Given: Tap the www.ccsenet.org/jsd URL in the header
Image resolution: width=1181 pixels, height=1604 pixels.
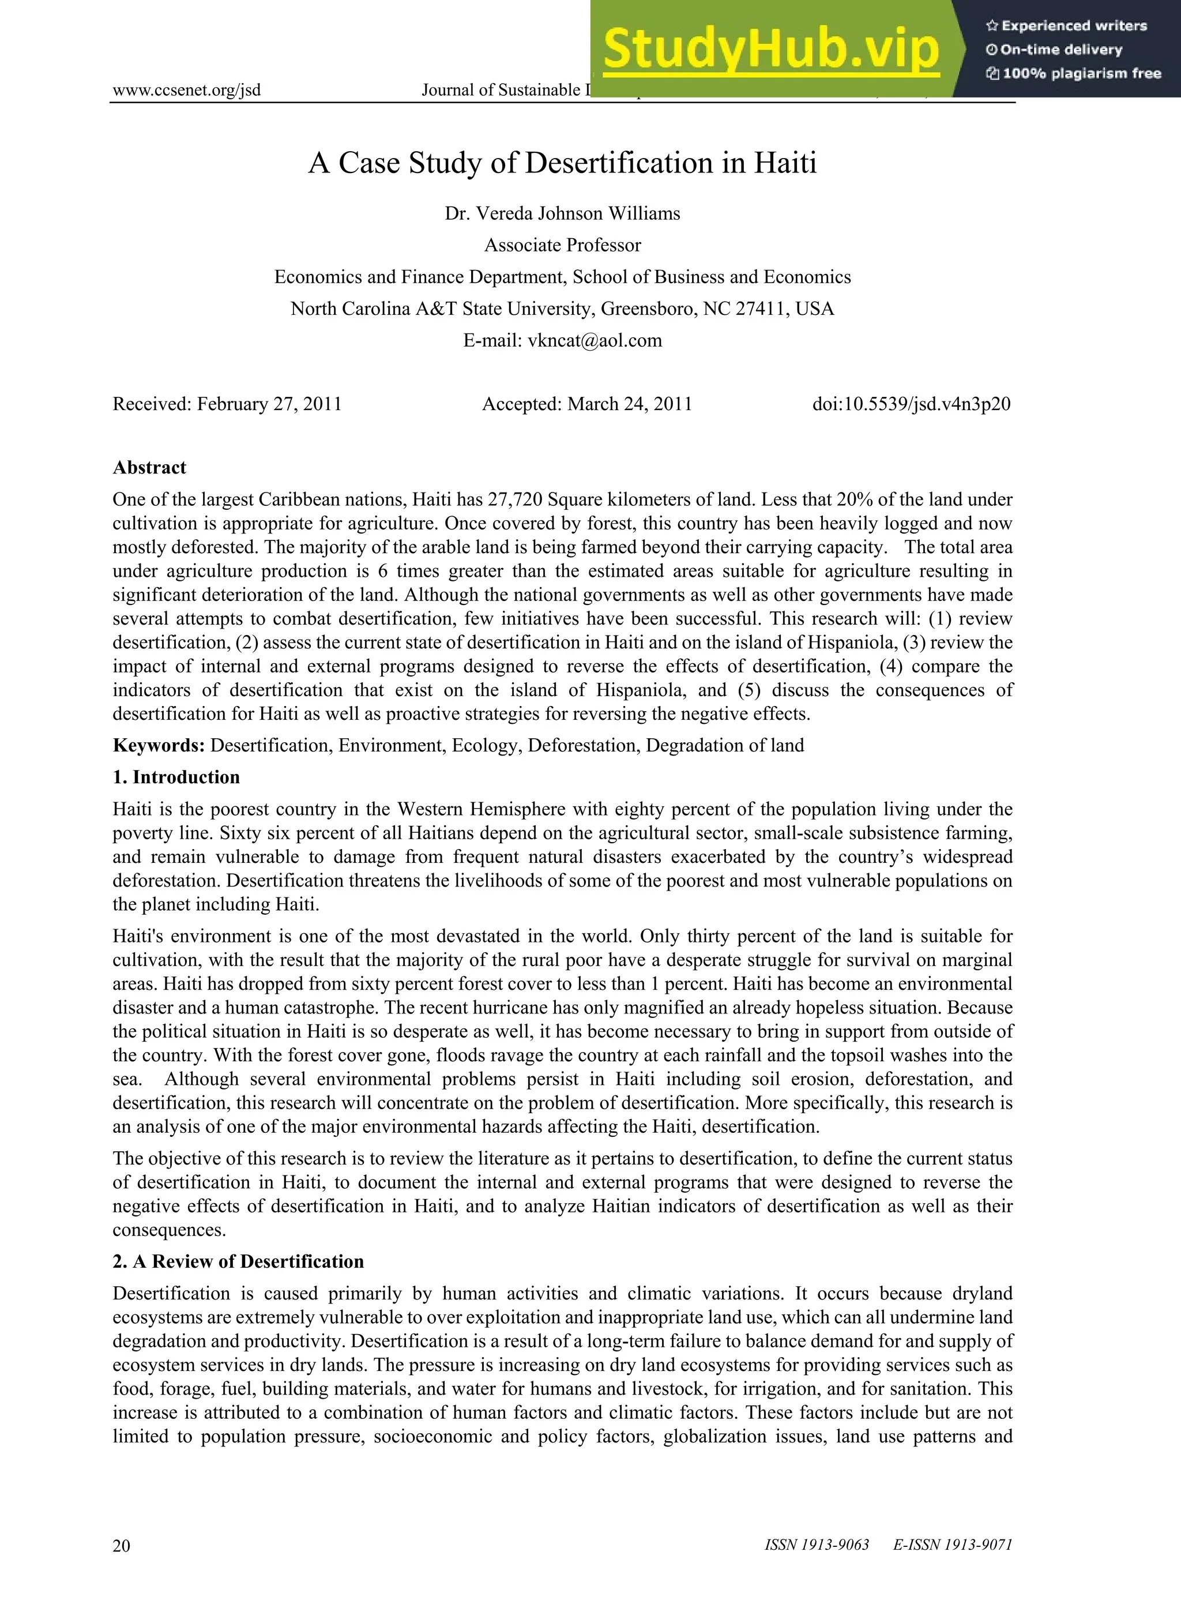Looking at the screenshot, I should tap(187, 90).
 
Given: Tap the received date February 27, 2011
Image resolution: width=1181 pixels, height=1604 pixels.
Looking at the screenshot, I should tap(269, 404).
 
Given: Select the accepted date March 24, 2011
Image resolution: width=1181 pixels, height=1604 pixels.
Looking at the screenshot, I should tap(629, 404).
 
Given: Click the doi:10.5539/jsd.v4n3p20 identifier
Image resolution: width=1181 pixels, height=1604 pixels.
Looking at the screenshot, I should tap(912, 404).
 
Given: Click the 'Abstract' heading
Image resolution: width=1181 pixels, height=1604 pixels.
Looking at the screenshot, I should tap(149, 468).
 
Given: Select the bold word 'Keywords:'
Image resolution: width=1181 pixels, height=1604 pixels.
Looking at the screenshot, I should tap(159, 746).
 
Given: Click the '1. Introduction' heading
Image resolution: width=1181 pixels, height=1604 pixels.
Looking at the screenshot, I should tap(176, 777).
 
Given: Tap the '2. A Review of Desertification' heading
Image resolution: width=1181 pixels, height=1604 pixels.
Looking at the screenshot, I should tap(238, 1261).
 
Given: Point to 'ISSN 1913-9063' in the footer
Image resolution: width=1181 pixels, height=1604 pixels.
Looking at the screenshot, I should tap(817, 1545).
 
